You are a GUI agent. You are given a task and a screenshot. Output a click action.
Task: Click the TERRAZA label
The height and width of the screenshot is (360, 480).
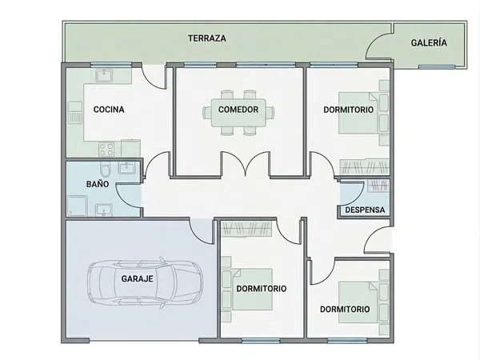pos(207,38)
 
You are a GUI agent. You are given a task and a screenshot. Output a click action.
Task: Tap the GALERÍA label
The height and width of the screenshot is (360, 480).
pos(429,42)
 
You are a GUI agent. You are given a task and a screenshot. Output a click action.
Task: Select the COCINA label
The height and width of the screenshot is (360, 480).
pos(109,110)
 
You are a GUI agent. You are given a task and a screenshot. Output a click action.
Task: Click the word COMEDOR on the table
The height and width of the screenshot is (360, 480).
pos(238,110)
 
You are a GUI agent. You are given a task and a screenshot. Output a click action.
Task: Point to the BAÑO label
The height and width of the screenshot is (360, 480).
pos(98,184)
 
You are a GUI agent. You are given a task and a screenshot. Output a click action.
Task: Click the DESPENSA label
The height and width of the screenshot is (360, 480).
pos(365,210)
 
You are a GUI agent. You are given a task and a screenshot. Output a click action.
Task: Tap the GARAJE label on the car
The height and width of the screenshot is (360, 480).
pos(137,279)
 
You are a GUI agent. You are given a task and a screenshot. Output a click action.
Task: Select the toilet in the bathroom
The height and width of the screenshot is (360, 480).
pos(105,169)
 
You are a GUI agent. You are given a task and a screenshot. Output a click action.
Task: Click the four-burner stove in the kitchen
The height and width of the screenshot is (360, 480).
pos(106,150)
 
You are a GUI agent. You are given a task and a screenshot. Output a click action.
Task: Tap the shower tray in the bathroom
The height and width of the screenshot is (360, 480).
pos(77,206)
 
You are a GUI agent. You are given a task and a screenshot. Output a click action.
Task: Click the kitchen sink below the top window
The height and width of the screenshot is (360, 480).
pos(104,75)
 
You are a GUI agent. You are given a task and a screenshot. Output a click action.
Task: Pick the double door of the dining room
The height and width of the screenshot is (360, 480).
pos(246,164)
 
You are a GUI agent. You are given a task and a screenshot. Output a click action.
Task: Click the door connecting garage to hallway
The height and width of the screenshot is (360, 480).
pos(201,232)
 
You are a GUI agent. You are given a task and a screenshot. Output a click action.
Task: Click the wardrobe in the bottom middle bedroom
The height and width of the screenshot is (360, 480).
pos(246,229)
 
